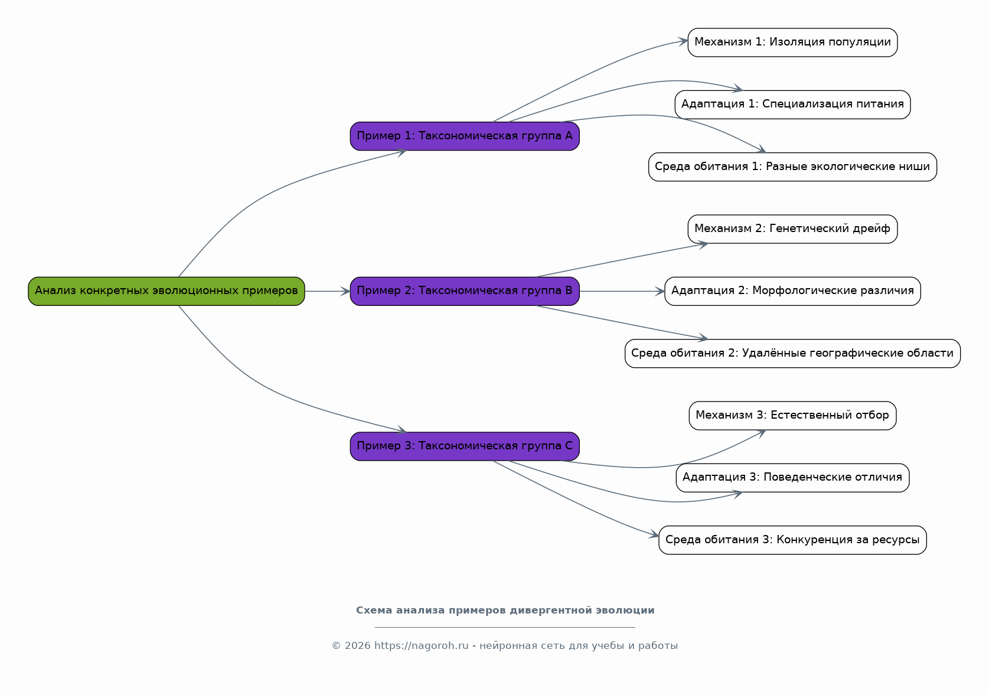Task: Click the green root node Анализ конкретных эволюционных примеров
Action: (167, 292)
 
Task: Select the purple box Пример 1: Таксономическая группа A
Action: (465, 136)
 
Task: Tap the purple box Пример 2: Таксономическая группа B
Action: (465, 292)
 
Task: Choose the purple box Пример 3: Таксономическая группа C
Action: (465, 446)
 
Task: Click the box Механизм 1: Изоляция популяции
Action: (792, 43)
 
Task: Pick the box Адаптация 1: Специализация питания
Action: (792, 105)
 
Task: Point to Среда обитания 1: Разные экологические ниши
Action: (792, 167)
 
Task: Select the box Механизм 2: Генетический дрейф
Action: (792, 229)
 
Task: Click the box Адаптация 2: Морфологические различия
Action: (792, 292)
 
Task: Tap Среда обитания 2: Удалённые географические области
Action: (792, 354)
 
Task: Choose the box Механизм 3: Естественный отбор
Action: (792, 416)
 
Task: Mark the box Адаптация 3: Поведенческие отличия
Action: (792, 478)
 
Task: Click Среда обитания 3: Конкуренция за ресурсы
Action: (792, 540)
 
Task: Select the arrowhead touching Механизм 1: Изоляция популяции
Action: (683, 41)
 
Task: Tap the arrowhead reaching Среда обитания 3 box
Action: (654, 535)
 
